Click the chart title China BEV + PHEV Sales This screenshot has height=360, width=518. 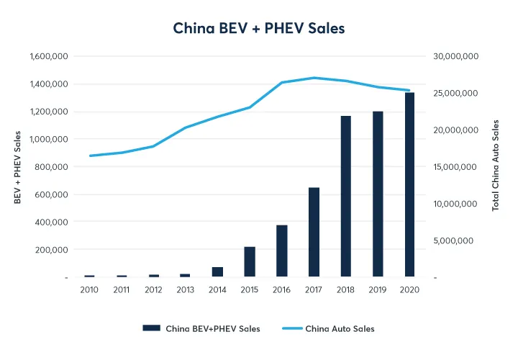(x=259, y=29)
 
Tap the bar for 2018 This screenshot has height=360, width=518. (x=345, y=196)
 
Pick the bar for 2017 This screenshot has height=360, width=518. (x=314, y=232)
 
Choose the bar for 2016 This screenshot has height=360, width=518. (x=282, y=251)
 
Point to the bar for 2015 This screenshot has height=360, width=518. (x=250, y=261)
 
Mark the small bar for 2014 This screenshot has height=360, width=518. (x=217, y=271)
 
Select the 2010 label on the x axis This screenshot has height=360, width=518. (x=89, y=289)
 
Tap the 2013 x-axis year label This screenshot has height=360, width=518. (x=185, y=289)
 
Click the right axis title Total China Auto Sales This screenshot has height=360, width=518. (x=496, y=165)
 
